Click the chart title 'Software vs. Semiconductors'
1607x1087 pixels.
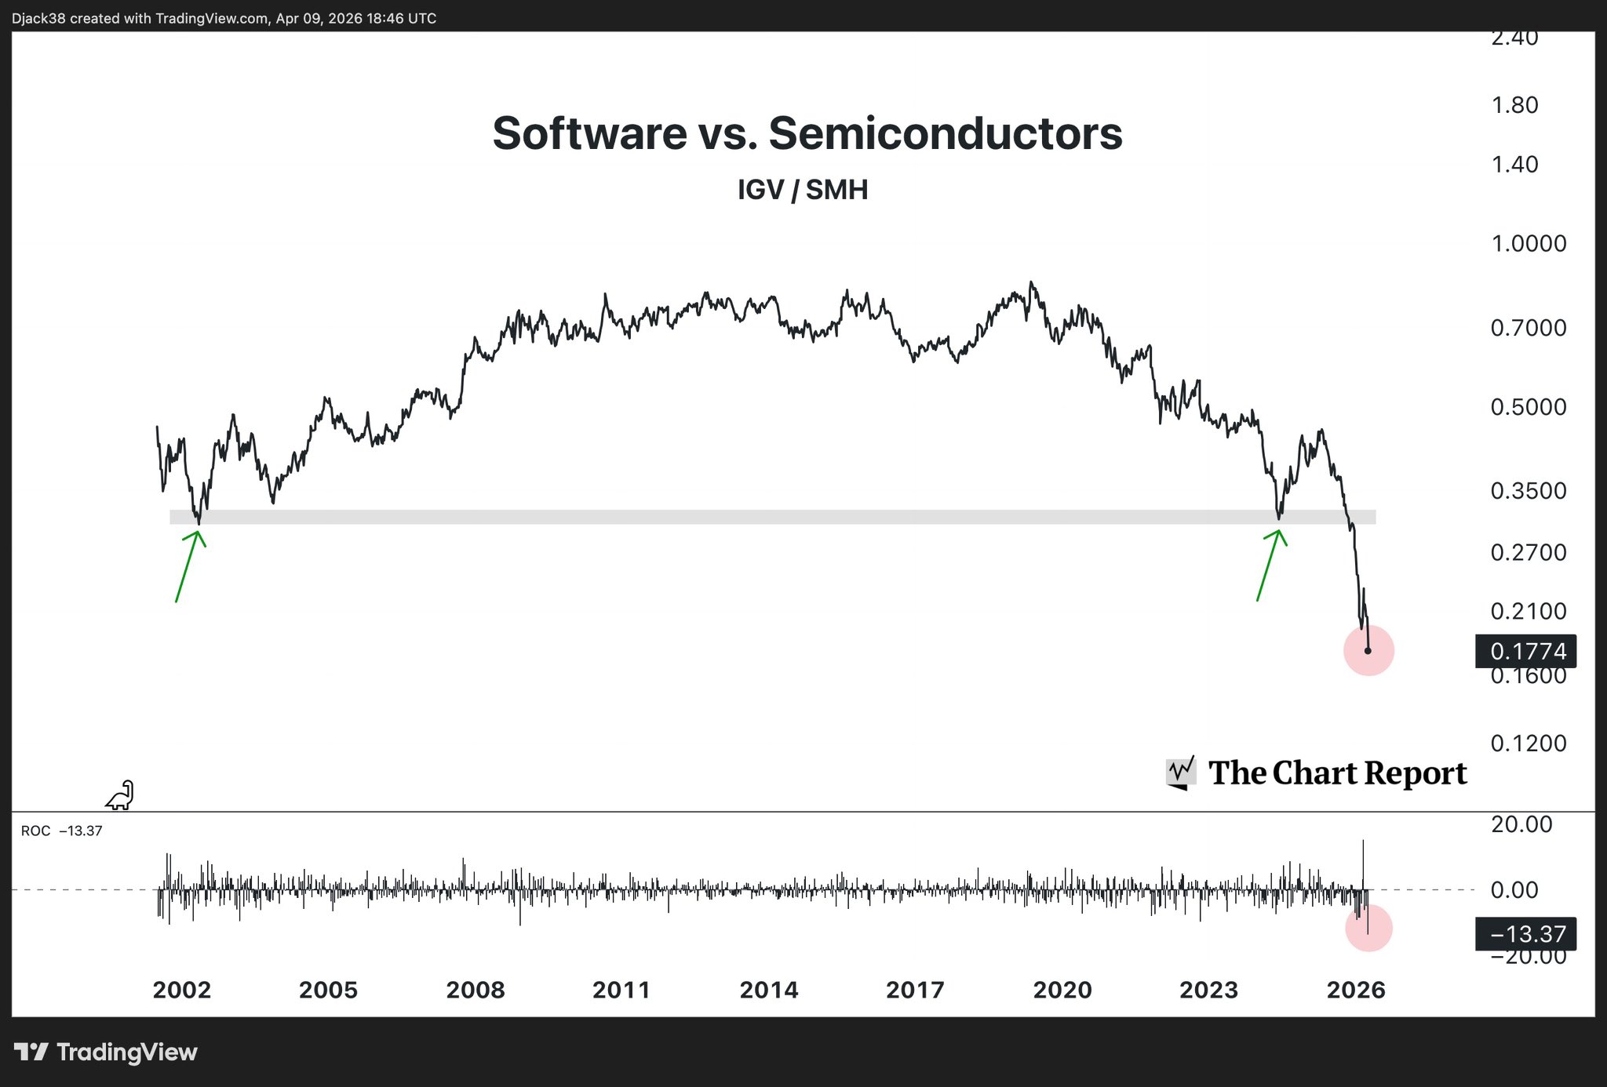point(807,133)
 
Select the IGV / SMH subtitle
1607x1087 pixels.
point(803,190)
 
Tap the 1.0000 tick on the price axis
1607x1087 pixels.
point(1528,244)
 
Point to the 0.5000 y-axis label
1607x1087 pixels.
point(1528,407)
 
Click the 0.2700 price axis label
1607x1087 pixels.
point(1528,553)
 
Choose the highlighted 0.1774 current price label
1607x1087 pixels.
point(1526,651)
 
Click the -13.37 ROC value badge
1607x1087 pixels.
point(1526,934)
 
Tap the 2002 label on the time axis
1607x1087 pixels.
point(182,990)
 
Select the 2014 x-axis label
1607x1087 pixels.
point(769,990)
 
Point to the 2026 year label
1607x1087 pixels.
point(1356,990)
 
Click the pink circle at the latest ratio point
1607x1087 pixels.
point(1368,650)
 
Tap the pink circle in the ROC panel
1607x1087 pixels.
point(1368,929)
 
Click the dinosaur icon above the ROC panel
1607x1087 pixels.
point(120,795)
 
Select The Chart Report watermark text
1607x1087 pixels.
point(1337,773)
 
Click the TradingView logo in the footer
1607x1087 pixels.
point(106,1052)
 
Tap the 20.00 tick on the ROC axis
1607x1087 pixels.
point(1521,824)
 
